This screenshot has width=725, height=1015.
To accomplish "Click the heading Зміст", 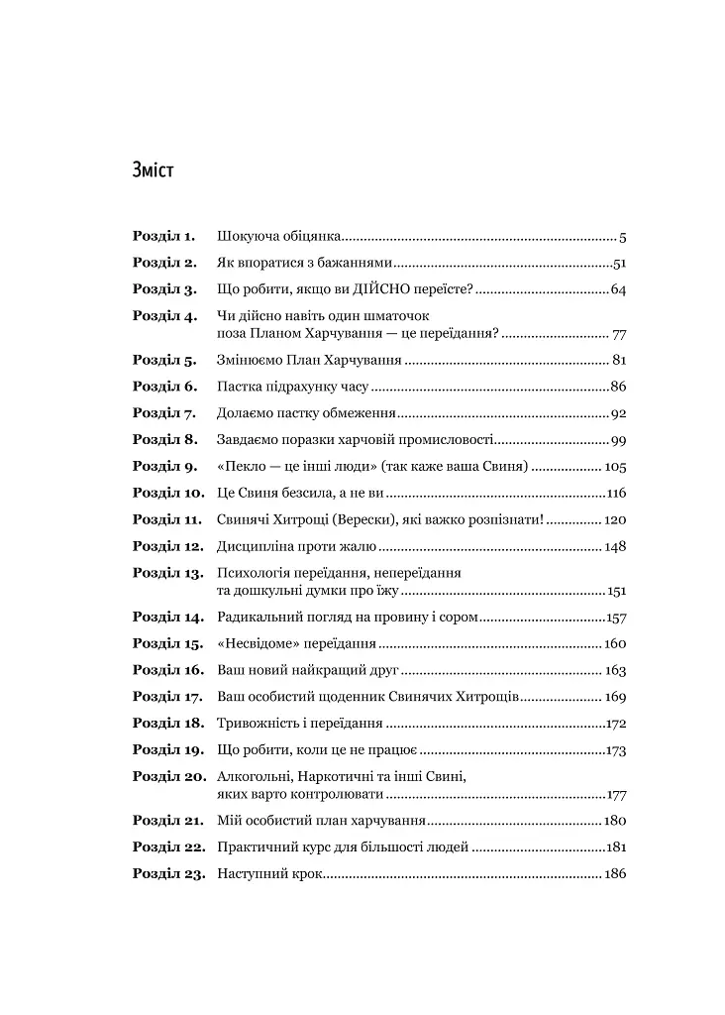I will (x=153, y=169).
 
